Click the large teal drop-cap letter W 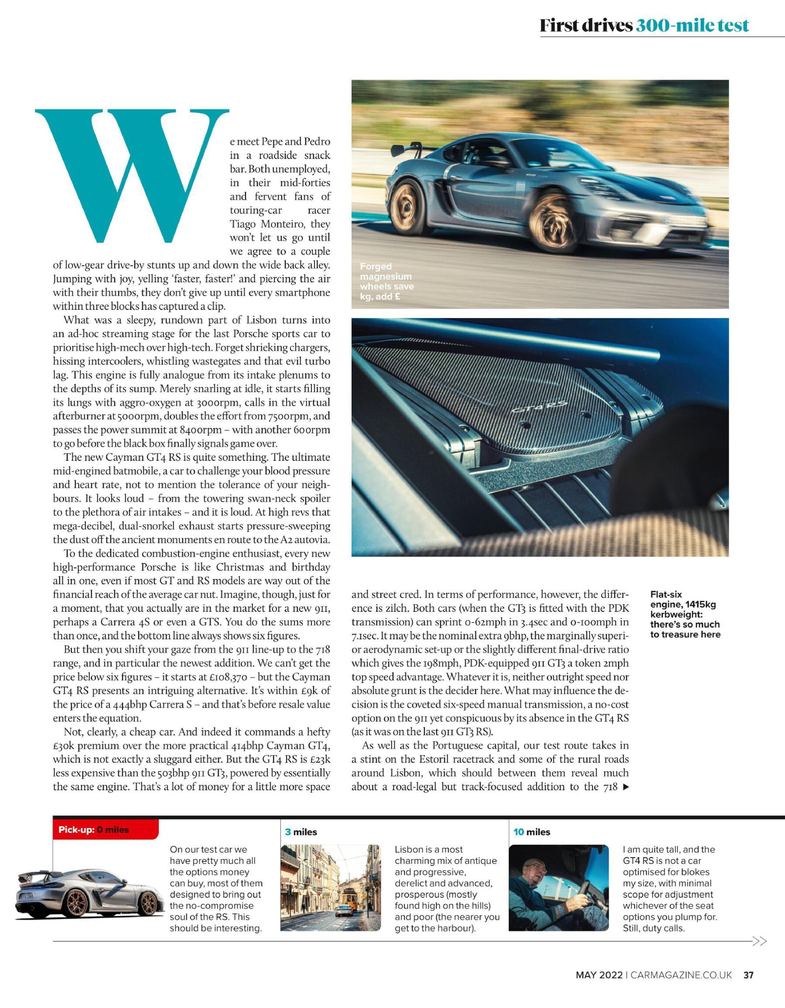(x=131, y=175)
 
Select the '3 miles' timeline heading (x=301, y=832)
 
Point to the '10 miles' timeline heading (x=531, y=832)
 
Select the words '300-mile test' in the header (x=692, y=25)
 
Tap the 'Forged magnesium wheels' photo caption (x=387, y=281)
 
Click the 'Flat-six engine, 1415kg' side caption (x=685, y=614)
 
